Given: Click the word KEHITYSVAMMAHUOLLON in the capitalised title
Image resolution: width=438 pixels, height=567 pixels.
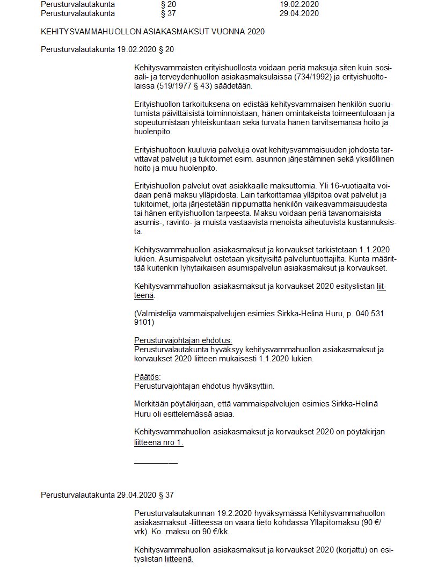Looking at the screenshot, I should point(83,32).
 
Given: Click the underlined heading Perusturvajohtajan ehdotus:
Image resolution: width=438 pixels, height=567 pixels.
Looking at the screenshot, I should point(183,340).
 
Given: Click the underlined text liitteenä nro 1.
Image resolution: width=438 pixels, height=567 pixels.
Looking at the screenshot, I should point(159,444).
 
